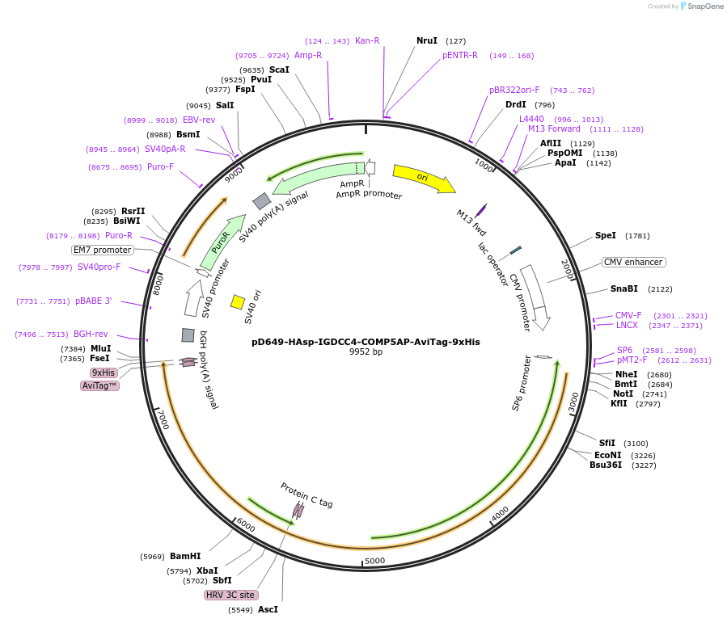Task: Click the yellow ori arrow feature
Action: tap(423, 178)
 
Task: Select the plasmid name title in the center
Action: tap(366, 342)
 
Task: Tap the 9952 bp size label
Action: tap(366, 352)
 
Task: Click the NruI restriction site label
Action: tap(426, 40)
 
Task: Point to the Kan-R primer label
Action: tap(367, 40)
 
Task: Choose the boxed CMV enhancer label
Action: tap(633, 262)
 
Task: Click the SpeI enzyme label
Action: tap(606, 236)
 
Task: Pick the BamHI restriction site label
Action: tap(185, 556)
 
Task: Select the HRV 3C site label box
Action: tap(231, 595)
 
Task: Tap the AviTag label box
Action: tap(100, 385)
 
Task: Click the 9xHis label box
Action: tap(104, 373)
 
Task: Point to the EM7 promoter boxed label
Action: tap(103, 250)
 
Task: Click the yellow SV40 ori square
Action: tap(238, 301)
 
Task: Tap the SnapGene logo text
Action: tap(706, 6)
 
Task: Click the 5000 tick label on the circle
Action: tap(374, 561)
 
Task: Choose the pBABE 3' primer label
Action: tap(94, 301)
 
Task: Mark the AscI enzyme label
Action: tap(268, 609)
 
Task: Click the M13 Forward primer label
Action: tap(554, 128)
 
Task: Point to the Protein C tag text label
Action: tap(306, 495)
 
